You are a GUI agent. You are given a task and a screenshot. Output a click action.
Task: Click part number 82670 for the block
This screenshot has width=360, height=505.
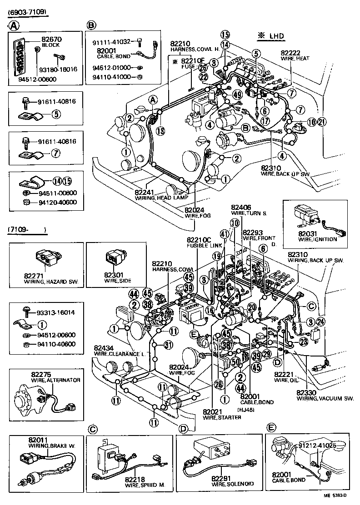[51, 40]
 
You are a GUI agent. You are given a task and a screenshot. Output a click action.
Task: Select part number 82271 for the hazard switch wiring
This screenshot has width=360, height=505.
[35, 276]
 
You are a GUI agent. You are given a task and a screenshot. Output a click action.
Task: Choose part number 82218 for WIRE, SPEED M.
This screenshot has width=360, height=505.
[137, 479]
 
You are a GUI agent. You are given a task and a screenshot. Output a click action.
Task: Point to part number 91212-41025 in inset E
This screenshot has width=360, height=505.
[317, 445]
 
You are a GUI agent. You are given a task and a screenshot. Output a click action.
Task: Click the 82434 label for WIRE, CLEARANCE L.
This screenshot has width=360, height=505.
[104, 347]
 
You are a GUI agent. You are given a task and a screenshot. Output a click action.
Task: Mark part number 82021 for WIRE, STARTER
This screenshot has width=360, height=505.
[213, 411]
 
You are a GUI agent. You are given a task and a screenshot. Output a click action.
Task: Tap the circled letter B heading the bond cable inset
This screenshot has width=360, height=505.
[91, 25]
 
